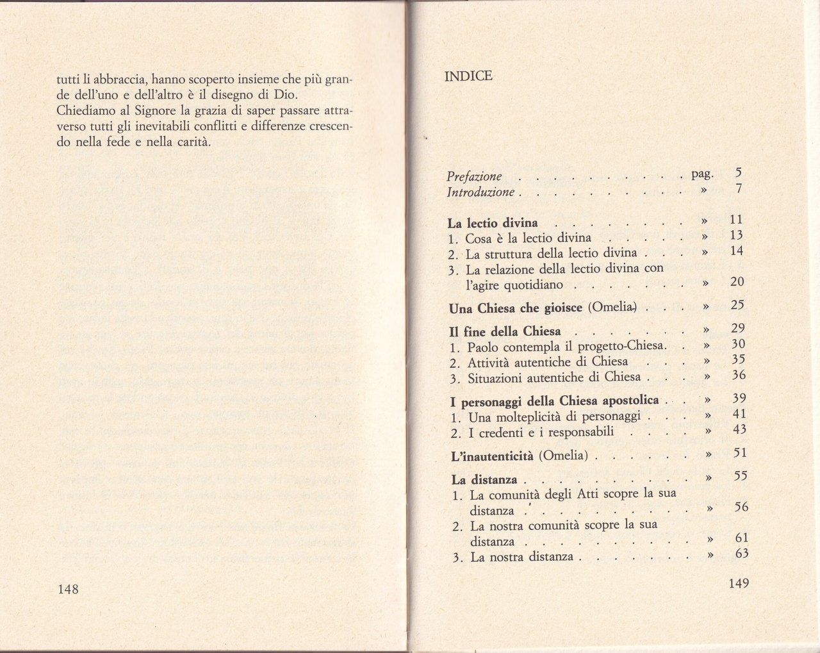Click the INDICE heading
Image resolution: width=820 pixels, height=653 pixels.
coord(468,77)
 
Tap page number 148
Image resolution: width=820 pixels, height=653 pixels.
coord(68,589)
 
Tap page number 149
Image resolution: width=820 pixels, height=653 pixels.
coord(738,583)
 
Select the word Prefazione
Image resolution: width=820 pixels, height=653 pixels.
coord(474,176)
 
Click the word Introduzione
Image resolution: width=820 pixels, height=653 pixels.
coord(480,192)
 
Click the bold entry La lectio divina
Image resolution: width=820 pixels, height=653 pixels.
coord(493,224)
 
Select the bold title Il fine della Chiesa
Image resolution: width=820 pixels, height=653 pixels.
coord(505,331)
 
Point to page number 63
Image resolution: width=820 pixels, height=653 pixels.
coord(741,554)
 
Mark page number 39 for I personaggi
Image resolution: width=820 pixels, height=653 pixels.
coord(739,399)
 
